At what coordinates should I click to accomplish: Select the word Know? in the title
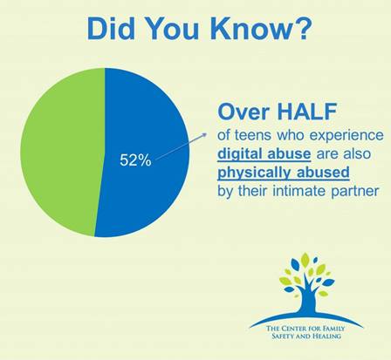click(x=266, y=27)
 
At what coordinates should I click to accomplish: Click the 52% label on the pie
click(x=135, y=160)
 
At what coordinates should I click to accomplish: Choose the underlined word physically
click(x=258, y=173)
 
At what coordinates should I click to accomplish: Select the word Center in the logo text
click(x=297, y=325)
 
